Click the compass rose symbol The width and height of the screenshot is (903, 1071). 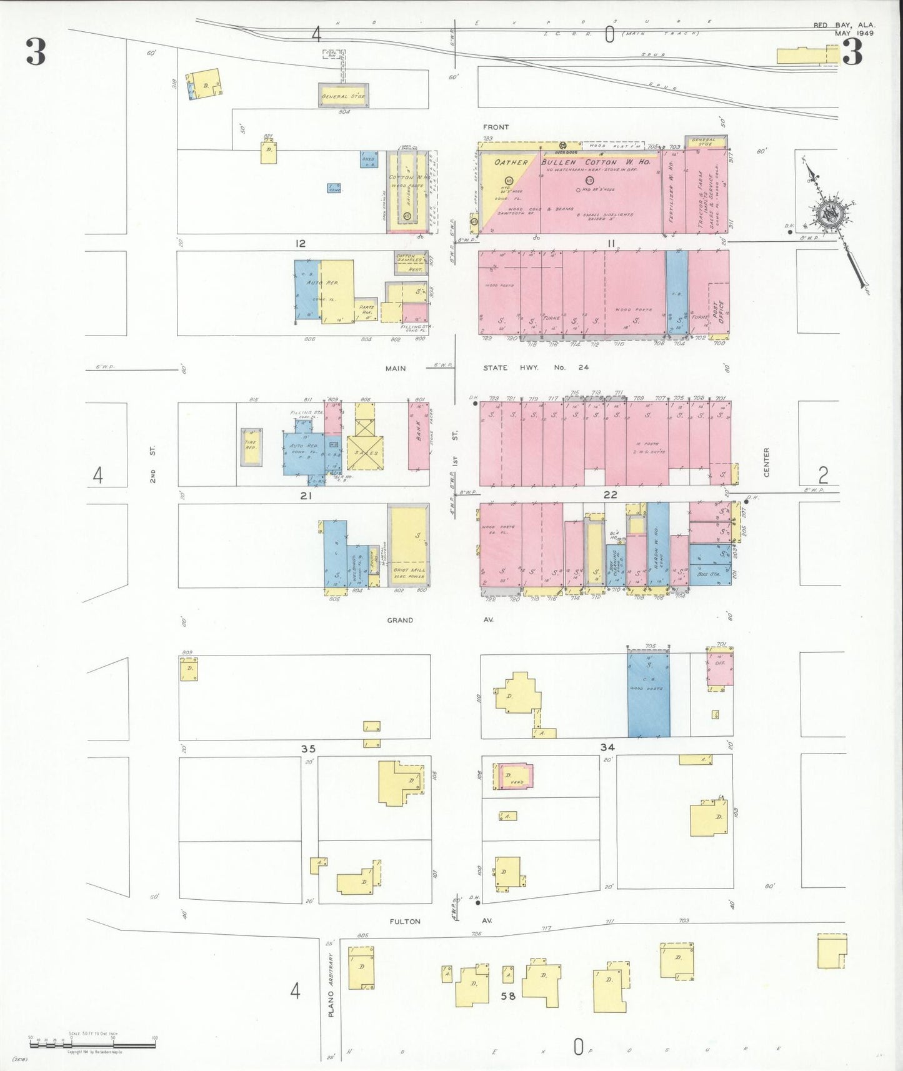click(830, 216)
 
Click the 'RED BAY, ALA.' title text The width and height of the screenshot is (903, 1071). click(844, 25)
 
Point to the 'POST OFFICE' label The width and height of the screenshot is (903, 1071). click(718, 312)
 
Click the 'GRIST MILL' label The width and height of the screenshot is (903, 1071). click(409, 570)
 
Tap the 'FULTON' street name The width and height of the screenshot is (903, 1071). click(405, 921)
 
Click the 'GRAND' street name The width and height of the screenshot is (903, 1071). click(400, 620)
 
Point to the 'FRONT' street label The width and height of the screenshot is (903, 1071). click(496, 127)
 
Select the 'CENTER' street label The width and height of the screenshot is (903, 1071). click(767, 462)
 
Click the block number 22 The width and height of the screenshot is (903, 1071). click(610, 494)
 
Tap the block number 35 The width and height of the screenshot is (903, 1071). click(308, 749)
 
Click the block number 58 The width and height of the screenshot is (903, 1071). click(508, 996)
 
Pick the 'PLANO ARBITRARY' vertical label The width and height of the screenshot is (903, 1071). click(331, 985)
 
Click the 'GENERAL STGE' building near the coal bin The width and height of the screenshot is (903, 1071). click(343, 96)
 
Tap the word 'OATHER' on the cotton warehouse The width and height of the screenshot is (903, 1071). click(511, 162)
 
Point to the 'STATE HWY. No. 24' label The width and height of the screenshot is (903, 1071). click(536, 367)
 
